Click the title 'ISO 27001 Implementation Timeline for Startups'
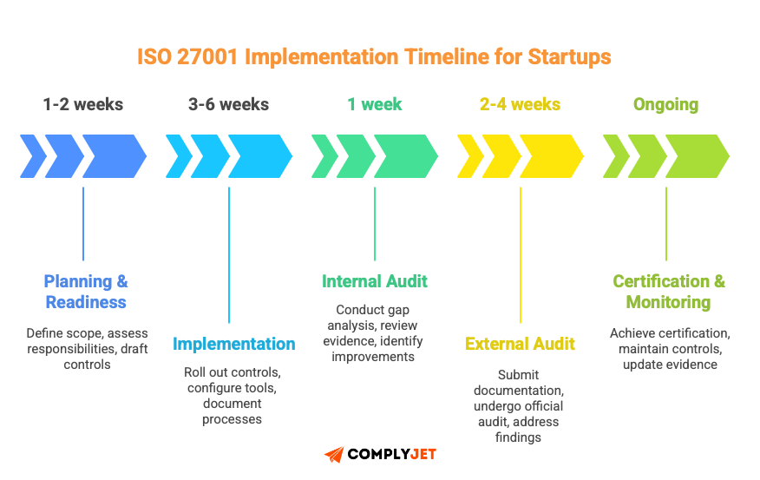[x=374, y=57]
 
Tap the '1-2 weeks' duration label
[x=83, y=105]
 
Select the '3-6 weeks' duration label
[x=228, y=105]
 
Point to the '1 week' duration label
[x=375, y=105]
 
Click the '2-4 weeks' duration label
[x=520, y=105]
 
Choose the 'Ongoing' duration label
[x=665, y=105]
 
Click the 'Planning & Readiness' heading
[x=86, y=292]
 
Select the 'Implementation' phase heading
[x=233, y=344]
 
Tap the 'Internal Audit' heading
[x=375, y=281]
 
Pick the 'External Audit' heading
[x=520, y=344]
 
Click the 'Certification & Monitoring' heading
[x=668, y=292]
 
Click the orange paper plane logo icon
[x=333, y=455]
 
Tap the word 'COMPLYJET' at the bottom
[x=391, y=455]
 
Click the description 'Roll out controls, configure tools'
[x=233, y=380]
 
